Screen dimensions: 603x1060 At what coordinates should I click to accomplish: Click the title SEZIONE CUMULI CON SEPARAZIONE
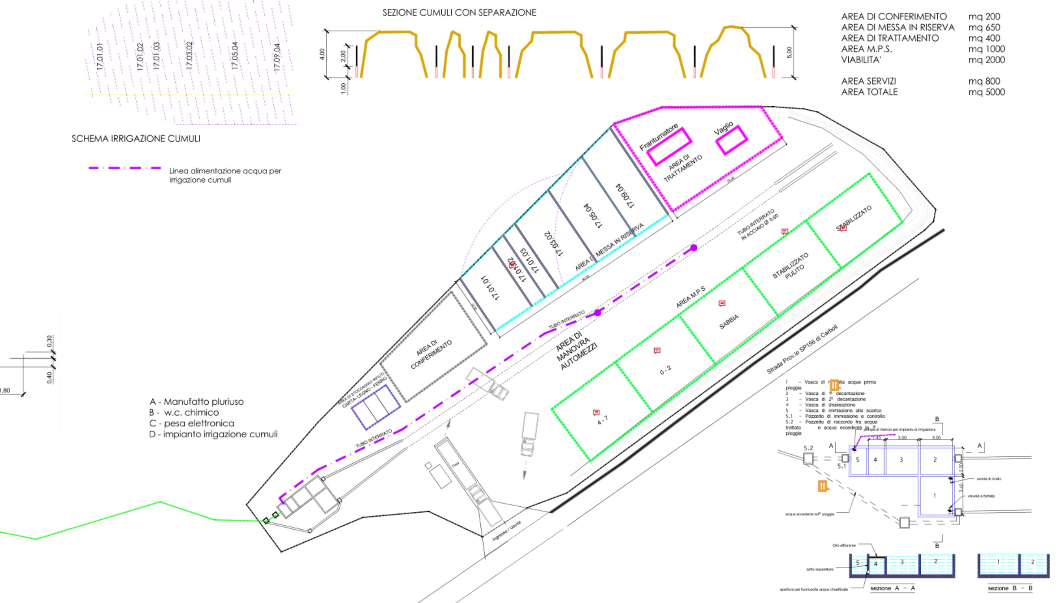pos(459,13)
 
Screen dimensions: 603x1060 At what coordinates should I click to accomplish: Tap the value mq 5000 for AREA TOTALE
pos(986,92)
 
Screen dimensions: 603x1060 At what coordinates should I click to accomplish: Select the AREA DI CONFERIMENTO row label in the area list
pos(893,16)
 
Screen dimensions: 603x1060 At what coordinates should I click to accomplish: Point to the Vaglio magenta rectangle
pos(732,140)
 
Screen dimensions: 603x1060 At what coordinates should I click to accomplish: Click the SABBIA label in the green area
pos(729,322)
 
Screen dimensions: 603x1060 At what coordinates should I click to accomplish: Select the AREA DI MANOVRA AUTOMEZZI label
pos(577,351)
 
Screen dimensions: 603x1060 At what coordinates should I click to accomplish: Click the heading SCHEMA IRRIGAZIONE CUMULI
pos(136,139)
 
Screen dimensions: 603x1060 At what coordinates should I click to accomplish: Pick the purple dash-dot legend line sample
pos(125,168)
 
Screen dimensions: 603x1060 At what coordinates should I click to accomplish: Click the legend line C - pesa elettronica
pos(191,423)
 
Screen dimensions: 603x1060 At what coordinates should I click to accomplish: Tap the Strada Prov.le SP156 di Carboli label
pos(801,349)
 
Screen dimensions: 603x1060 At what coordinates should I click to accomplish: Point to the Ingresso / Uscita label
pos(506,531)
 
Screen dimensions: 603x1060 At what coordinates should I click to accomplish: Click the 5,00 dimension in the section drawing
pos(789,52)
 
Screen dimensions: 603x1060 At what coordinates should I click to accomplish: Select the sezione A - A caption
pos(892,588)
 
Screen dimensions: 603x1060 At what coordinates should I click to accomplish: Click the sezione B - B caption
pos(1010,588)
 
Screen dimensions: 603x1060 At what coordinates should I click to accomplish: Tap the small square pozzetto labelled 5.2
pos(808,458)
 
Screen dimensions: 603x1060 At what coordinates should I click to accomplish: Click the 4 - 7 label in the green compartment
pos(603,420)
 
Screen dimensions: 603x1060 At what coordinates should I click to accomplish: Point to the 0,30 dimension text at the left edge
pos(49,341)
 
